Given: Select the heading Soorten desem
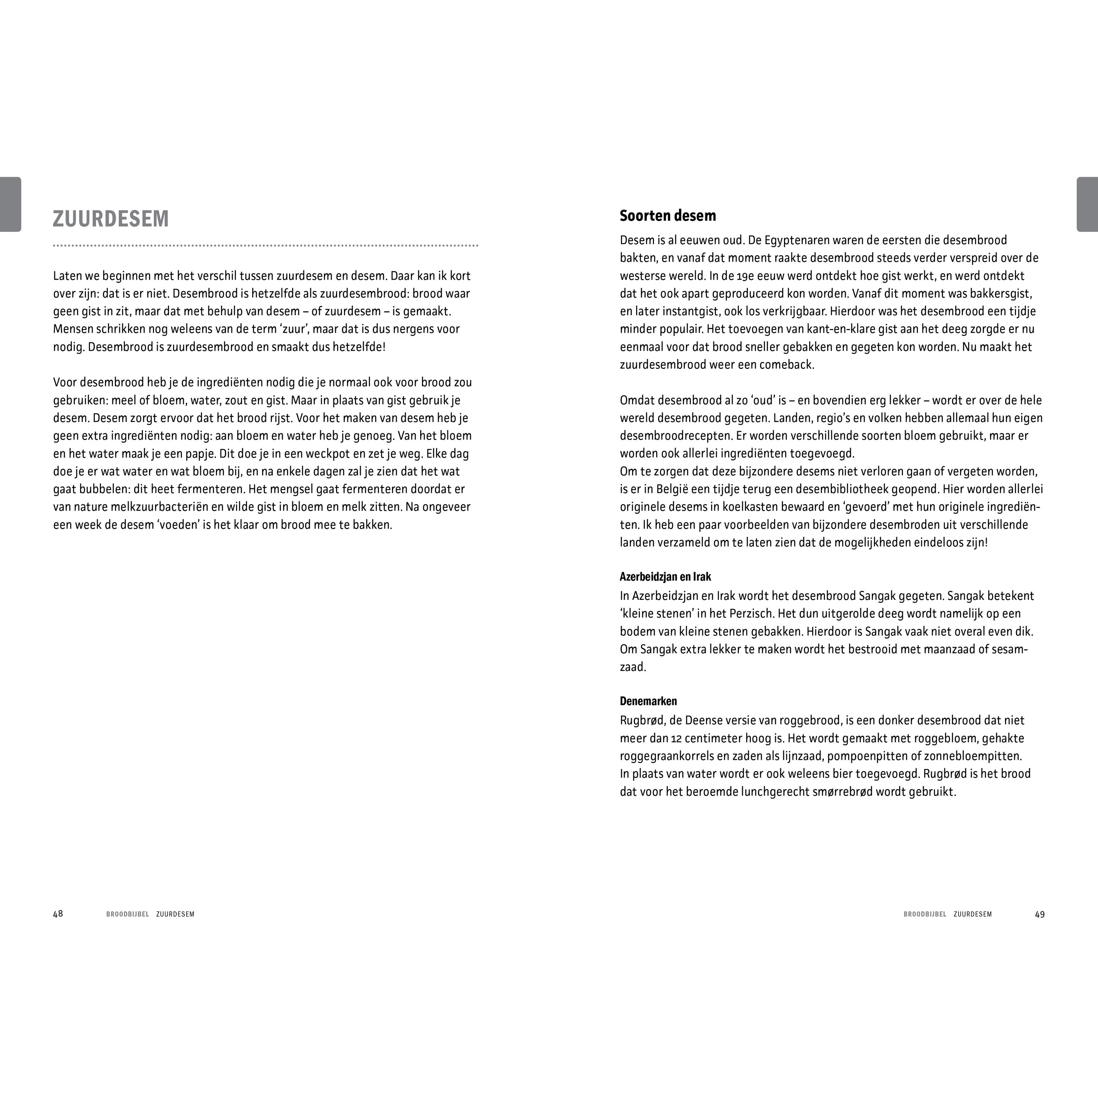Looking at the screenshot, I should tap(668, 216).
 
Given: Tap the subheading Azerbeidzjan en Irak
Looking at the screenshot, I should tap(665, 577).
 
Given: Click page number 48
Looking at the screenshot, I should tap(58, 914).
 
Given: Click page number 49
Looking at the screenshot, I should tap(1039, 914).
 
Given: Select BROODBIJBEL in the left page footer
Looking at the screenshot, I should tap(127, 914).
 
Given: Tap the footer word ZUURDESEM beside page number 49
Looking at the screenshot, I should tap(972, 914).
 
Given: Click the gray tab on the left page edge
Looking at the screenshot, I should tap(10, 205).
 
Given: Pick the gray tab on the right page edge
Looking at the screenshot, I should tap(1087, 205).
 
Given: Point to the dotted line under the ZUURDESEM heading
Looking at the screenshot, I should tap(265, 246).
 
